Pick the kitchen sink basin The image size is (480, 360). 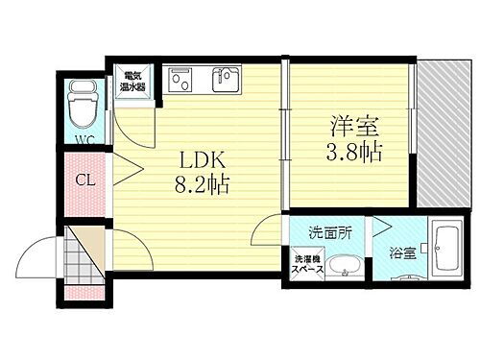(228, 80)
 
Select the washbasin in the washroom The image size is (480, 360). (343, 268)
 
